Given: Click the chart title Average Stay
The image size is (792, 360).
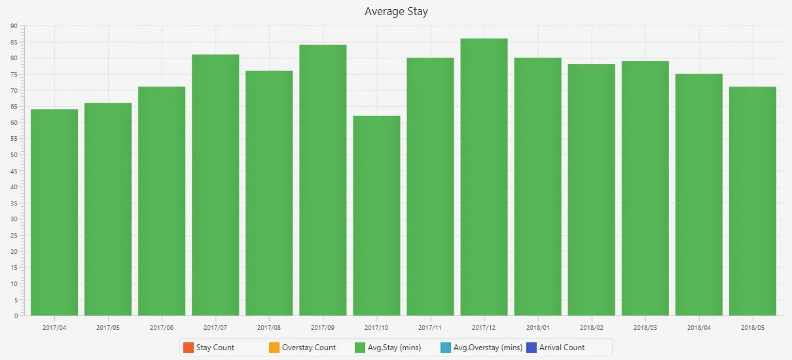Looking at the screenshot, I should (x=396, y=11).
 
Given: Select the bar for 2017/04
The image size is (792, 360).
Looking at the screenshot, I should (x=54, y=213).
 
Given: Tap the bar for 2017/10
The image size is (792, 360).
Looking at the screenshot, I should (x=376, y=216).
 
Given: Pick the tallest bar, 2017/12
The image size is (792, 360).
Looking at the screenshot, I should (x=484, y=177).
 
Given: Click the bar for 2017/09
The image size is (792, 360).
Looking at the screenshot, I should (x=323, y=180).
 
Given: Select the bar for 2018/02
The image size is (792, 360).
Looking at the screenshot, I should (x=591, y=190).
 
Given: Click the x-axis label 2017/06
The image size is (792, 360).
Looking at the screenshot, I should (x=162, y=327).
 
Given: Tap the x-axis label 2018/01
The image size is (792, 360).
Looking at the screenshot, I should (x=537, y=327).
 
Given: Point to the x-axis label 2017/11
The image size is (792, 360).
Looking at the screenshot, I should (x=430, y=327).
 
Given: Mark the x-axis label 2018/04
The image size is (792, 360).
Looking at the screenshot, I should (x=699, y=327).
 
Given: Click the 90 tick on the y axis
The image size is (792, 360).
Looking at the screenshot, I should (x=14, y=26).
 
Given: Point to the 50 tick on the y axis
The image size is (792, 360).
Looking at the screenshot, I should (x=14, y=155).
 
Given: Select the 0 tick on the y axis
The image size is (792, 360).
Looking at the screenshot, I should (x=16, y=316).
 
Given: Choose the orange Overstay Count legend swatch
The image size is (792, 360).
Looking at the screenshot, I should (x=274, y=348).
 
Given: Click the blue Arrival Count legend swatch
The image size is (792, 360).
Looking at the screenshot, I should (x=531, y=348).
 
